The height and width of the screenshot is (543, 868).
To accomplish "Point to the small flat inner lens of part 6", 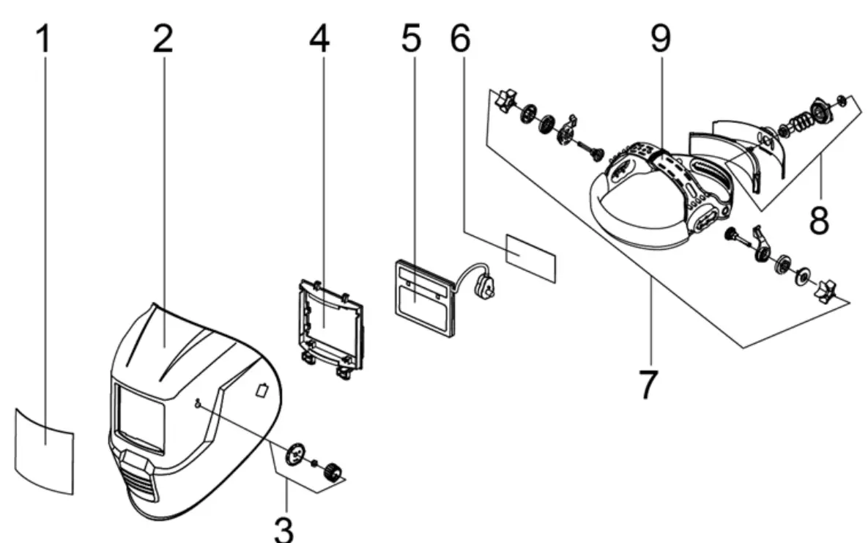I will [x=530, y=256].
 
